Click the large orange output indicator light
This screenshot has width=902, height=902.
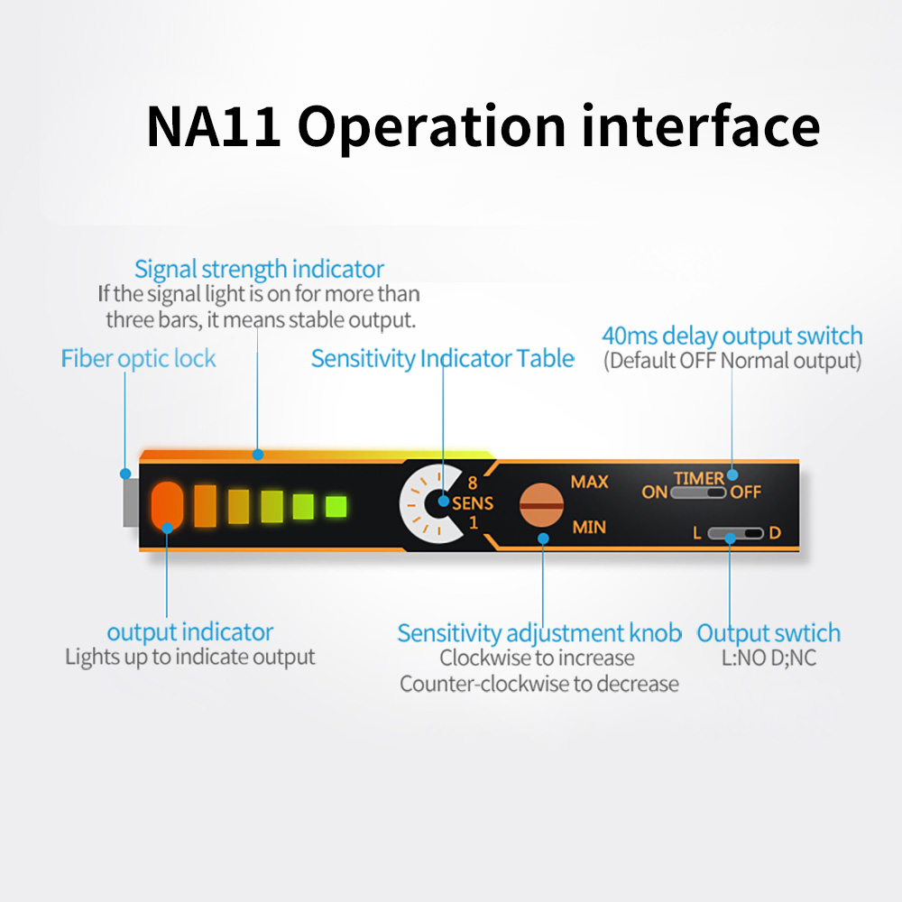pos(167,506)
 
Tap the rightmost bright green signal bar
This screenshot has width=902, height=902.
pos(336,507)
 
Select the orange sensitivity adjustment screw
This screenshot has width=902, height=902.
pos(540,505)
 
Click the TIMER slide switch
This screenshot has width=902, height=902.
pos(698,493)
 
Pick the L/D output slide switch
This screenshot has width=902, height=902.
pos(735,533)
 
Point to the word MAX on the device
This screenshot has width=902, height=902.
pos(589,482)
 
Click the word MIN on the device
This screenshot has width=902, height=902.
pos(589,527)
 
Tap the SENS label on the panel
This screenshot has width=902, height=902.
pos(473,503)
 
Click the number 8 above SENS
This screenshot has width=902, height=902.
pos(473,483)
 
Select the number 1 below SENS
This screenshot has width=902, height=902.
pos(474,522)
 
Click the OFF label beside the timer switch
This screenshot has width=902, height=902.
pos(746,492)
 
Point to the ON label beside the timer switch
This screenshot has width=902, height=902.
pos(654,492)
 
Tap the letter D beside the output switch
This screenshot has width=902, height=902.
pos(775,533)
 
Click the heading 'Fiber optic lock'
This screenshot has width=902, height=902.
pos(138,359)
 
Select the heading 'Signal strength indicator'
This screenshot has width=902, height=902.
pos(259,269)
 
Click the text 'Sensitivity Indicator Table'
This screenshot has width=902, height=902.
pos(442,358)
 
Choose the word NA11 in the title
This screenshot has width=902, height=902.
pos(214,126)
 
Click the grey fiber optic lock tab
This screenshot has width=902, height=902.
pos(131,502)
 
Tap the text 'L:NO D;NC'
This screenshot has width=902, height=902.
pos(769,658)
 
